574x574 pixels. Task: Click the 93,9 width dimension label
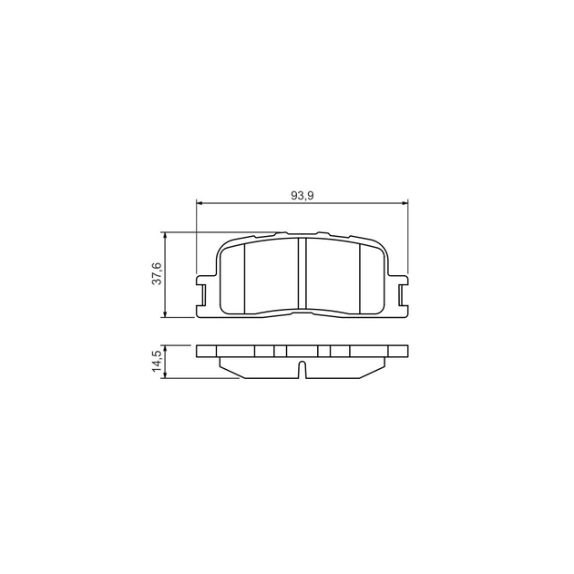pos(302,196)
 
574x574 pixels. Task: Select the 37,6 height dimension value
pos(157,273)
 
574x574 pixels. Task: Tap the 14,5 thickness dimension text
pos(157,362)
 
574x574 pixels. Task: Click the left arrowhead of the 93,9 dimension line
pos(200,202)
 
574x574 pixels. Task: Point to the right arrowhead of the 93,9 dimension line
pos(405,202)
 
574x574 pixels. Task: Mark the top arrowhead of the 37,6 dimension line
pos(166,235)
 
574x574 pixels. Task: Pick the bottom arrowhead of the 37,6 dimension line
pos(166,314)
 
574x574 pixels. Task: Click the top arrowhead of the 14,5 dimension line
pos(166,348)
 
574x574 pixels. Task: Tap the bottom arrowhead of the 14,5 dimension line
pos(166,375)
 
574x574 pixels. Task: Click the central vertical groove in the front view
pos(302,275)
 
